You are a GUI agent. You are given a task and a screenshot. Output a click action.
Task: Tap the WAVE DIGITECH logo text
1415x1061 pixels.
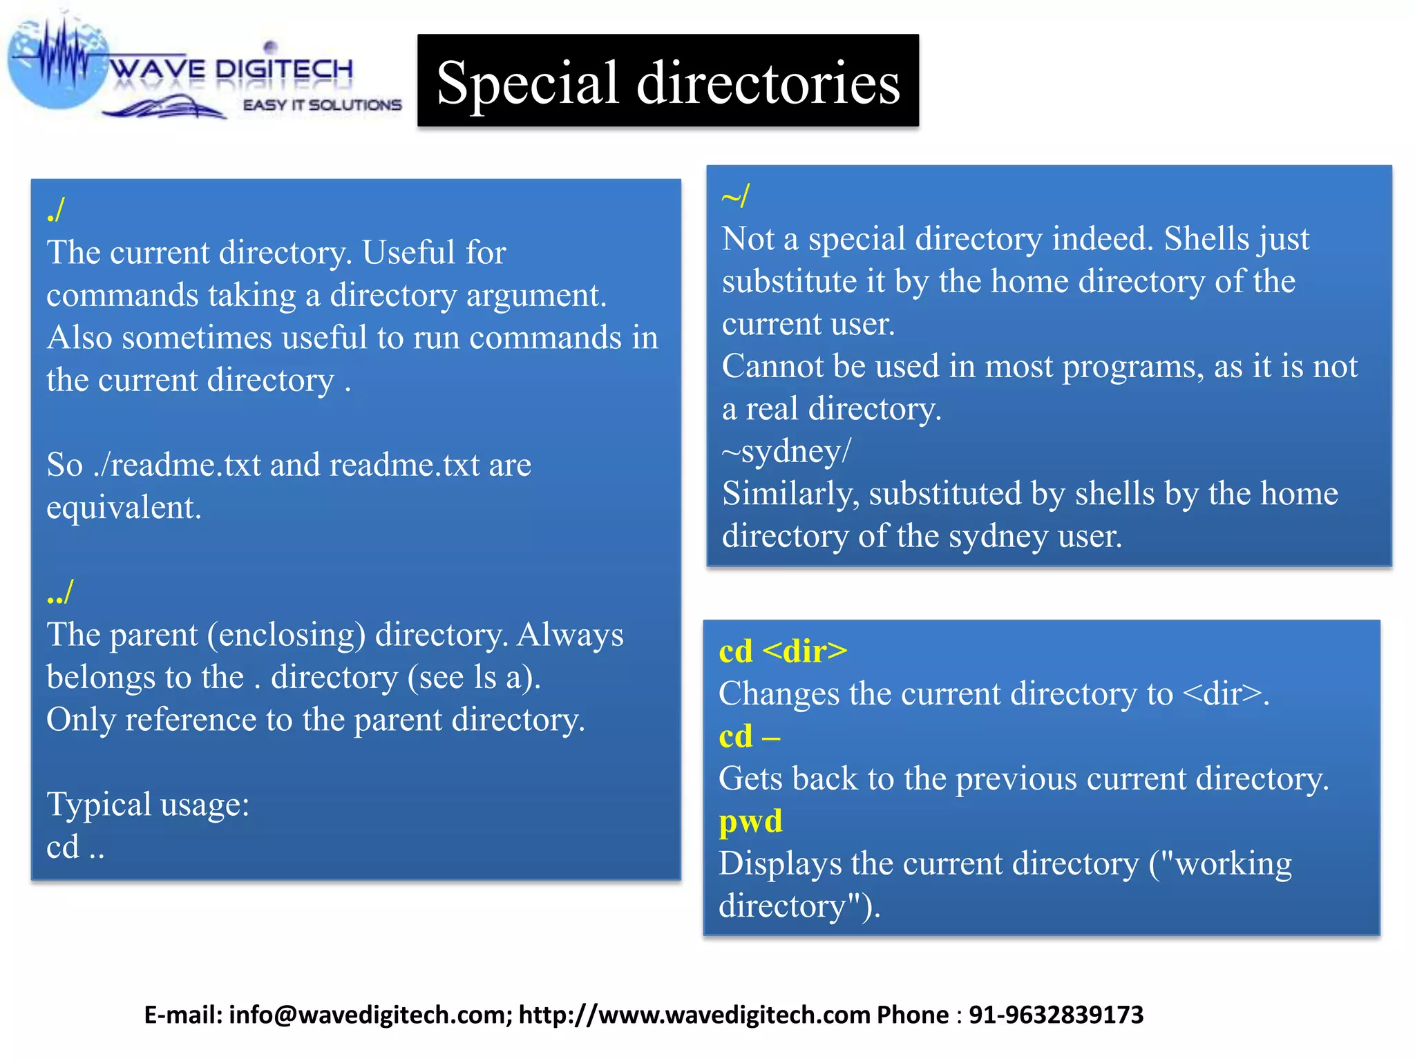pos(231,70)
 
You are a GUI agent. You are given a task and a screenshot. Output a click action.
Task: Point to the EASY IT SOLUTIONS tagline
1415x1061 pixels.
pos(322,105)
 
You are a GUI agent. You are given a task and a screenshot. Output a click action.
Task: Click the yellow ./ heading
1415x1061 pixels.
pos(56,209)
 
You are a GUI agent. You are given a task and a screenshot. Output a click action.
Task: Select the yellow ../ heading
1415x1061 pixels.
pos(60,592)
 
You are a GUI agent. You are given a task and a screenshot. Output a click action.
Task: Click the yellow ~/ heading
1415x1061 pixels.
pos(735,196)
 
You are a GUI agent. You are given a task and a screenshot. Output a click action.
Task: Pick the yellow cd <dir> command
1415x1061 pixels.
pos(782,651)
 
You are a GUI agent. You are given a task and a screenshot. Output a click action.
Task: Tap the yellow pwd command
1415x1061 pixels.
pos(750,821)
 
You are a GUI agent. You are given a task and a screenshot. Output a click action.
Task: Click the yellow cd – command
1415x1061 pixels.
pos(750,736)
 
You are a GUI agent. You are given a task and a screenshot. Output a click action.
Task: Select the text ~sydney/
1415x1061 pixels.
pos(786,451)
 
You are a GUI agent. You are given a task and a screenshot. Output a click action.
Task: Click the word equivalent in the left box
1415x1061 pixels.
pos(124,508)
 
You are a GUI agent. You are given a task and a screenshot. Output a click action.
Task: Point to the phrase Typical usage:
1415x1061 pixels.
pos(148,805)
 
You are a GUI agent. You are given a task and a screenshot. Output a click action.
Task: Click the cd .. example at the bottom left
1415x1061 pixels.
pos(75,847)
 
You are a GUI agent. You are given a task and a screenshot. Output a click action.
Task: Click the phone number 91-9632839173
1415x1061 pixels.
pos(1056,1015)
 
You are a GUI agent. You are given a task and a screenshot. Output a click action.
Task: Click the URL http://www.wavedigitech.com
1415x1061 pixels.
pos(694,1015)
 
